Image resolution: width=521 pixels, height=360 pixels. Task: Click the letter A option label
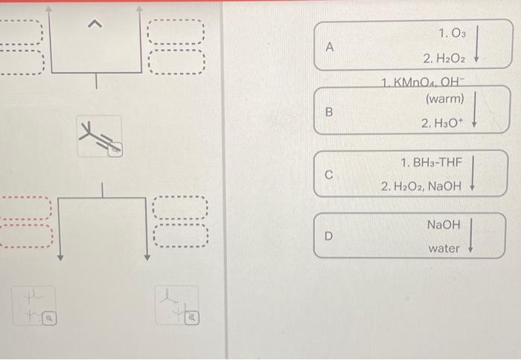pyautogui.click(x=330, y=46)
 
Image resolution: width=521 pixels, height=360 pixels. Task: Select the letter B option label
pyautogui.click(x=328, y=112)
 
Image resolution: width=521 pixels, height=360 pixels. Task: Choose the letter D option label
pyautogui.click(x=328, y=237)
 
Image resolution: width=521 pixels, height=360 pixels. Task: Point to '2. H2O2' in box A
pyautogui.click(x=444, y=58)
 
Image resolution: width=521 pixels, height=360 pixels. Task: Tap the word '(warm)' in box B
pyautogui.click(x=444, y=99)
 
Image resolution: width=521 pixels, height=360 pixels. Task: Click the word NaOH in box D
pyautogui.click(x=444, y=224)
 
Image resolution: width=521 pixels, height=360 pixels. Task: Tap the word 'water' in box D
pyautogui.click(x=444, y=248)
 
